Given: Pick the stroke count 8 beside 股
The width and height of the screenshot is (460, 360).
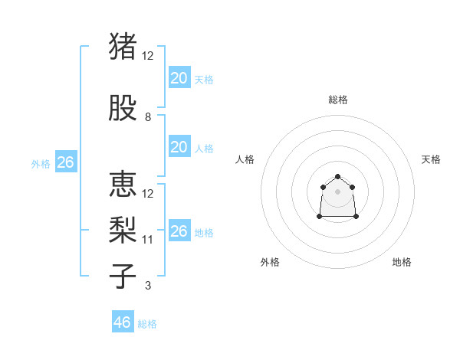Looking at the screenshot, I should pyautogui.click(x=148, y=117).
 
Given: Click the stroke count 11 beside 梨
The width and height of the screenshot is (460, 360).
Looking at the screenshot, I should pyautogui.click(x=148, y=240).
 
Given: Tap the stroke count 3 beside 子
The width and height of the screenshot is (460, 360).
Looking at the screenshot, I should pyautogui.click(x=148, y=286).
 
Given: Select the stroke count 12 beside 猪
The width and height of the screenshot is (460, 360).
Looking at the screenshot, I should pyautogui.click(x=148, y=56).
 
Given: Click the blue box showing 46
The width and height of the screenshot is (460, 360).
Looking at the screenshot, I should pyautogui.click(x=123, y=322).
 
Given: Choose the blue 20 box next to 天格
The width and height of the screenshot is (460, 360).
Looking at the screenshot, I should pyautogui.click(x=179, y=77).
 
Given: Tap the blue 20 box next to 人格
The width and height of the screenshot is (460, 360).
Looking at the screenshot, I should pyautogui.click(x=179, y=147).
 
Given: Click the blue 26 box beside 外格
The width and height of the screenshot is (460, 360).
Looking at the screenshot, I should pyautogui.click(x=65, y=162).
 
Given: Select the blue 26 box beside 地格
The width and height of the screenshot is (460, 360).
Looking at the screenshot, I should pyautogui.click(x=179, y=231).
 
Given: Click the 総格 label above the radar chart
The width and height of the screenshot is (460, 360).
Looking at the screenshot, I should pyautogui.click(x=338, y=100).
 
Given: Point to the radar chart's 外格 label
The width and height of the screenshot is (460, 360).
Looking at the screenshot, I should pyautogui.click(x=270, y=262).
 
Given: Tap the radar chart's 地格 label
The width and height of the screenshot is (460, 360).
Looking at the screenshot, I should pyautogui.click(x=402, y=262).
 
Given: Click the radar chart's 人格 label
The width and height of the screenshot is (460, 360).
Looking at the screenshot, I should pyautogui.click(x=245, y=159).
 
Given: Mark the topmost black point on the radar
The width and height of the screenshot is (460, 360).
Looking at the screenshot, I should pyautogui.click(x=337, y=176).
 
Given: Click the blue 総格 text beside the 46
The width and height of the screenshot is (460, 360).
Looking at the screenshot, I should pyautogui.click(x=147, y=324).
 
